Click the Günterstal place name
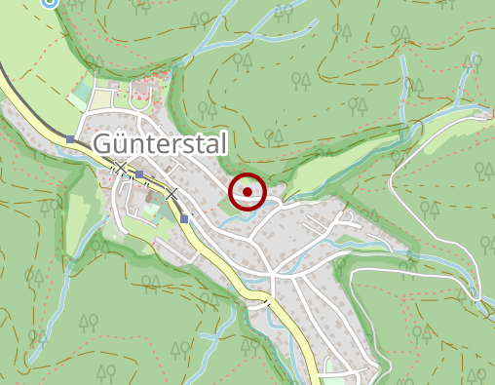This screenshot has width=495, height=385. [161, 145]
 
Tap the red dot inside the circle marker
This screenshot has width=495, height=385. [247, 192]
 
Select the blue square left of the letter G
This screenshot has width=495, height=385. [71, 139]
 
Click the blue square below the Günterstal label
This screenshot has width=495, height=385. [139, 174]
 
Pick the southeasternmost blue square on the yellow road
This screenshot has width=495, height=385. [184, 218]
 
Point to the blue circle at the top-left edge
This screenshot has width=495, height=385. [50, 2]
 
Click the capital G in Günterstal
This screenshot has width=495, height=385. [105, 145]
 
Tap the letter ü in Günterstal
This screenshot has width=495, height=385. [124, 145]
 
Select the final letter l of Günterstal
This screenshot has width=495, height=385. [224, 144]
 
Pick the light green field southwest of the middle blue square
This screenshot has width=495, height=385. [78, 210]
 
